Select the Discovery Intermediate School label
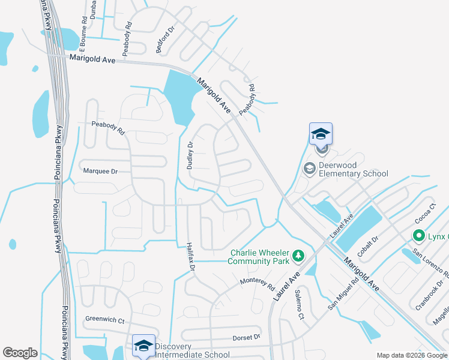[191, 350]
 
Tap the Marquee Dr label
[100, 171]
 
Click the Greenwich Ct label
[104, 320]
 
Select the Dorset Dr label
[247, 337]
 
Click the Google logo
[20, 353]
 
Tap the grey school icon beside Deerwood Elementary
[310, 169]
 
